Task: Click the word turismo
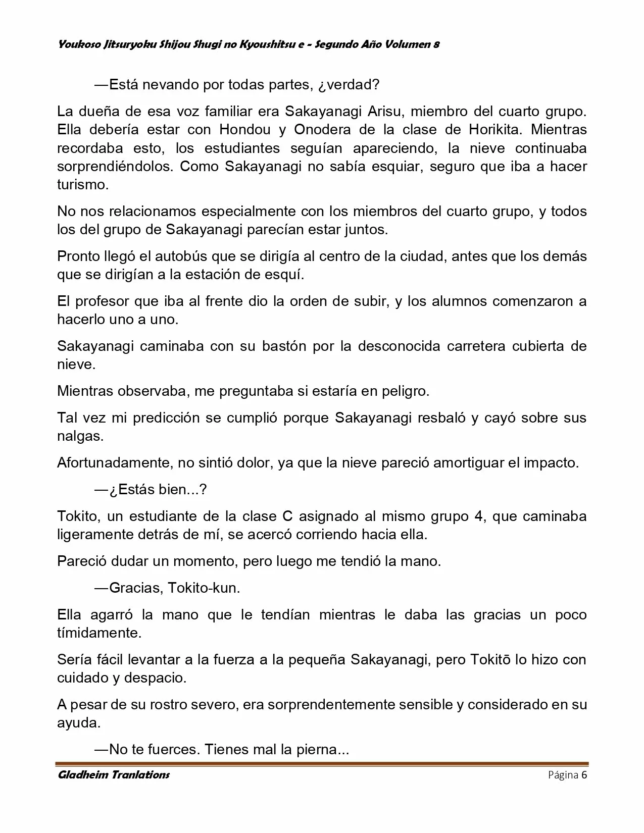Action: click(x=82, y=185)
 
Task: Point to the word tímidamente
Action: click(x=99, y=633)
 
